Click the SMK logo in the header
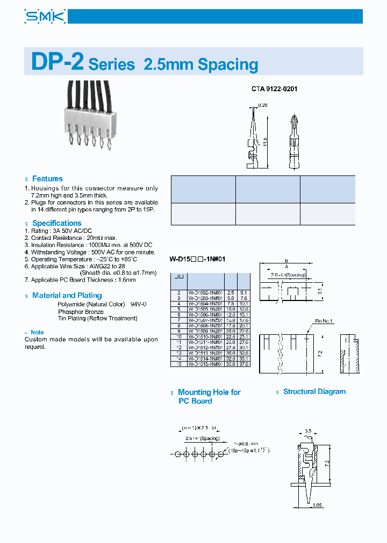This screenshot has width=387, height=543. click(45, 17)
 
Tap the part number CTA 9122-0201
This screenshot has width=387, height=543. click(274, 89)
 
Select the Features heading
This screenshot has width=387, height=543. click(47, 179)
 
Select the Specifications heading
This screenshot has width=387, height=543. click(56, 223)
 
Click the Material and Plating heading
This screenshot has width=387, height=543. click(67, 296)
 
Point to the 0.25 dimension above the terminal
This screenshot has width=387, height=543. click(263, 105)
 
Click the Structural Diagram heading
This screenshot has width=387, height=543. click(314, 392)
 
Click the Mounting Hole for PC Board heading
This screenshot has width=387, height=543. click(209, 397)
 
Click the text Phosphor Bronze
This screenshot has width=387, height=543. click(81, 311)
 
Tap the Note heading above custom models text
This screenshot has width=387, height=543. click(37, 333)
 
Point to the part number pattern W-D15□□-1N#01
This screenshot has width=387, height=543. click(197, 259)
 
